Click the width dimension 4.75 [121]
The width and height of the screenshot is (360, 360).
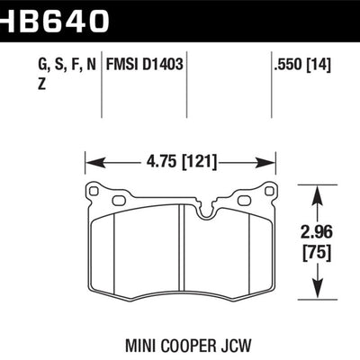tap(179, 164)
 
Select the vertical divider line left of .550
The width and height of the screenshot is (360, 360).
tap(273, 81)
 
